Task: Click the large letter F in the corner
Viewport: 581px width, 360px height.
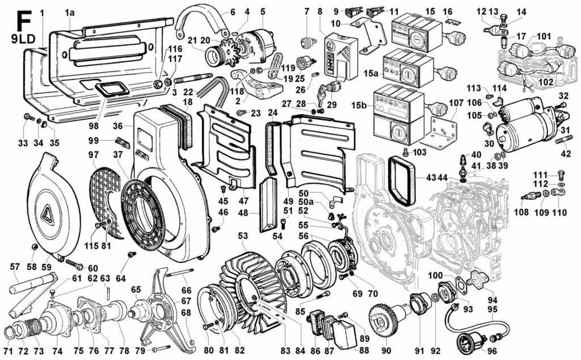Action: pos(23,21)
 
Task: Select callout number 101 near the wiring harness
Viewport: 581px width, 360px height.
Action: pos(544,36)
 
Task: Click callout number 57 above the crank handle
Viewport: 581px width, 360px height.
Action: pos(15,266)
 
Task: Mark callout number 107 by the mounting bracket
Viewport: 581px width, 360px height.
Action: pos(456,104)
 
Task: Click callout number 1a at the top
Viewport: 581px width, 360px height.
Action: pos(70,11)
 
